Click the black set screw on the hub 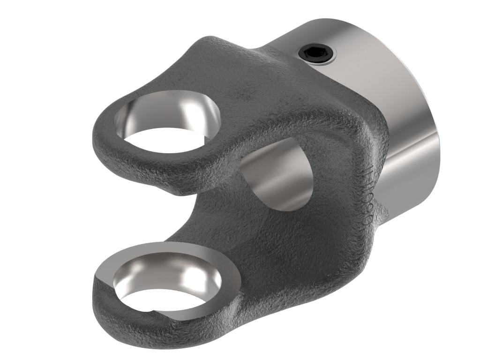pyautogui.click(x=317, y=55)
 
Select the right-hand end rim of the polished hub pyautogui.click(x=434, y=117)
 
